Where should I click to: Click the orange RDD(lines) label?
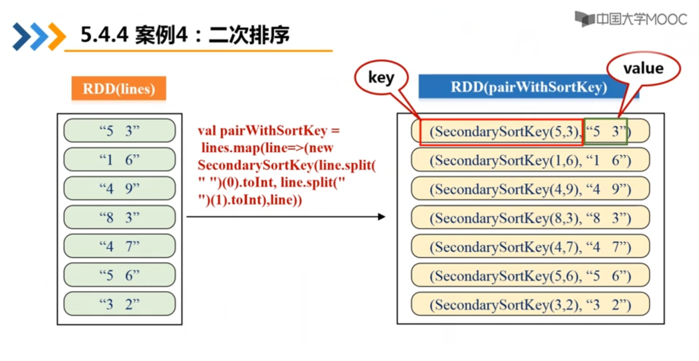point(119,88)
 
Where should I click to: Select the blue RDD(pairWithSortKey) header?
point(528,87)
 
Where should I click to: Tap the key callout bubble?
point(381,78)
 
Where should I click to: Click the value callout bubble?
point(643,69)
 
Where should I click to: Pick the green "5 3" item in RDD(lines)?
point(120,131)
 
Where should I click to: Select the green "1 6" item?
point(120,160)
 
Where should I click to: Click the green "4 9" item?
point(120,188)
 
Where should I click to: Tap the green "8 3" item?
point(120,217)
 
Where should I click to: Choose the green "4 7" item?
point(120,246)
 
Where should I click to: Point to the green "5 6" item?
point(120,275)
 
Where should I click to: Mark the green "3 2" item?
point(120,304)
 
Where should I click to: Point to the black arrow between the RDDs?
point(285,217)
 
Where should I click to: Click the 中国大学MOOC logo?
point(631,19)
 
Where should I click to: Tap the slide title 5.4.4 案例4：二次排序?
point(185,35)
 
